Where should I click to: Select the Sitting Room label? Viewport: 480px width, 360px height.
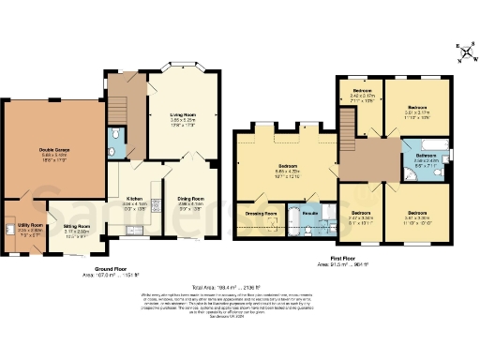77,227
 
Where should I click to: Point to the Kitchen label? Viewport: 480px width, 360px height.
134,199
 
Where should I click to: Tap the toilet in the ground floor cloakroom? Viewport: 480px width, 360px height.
114,136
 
